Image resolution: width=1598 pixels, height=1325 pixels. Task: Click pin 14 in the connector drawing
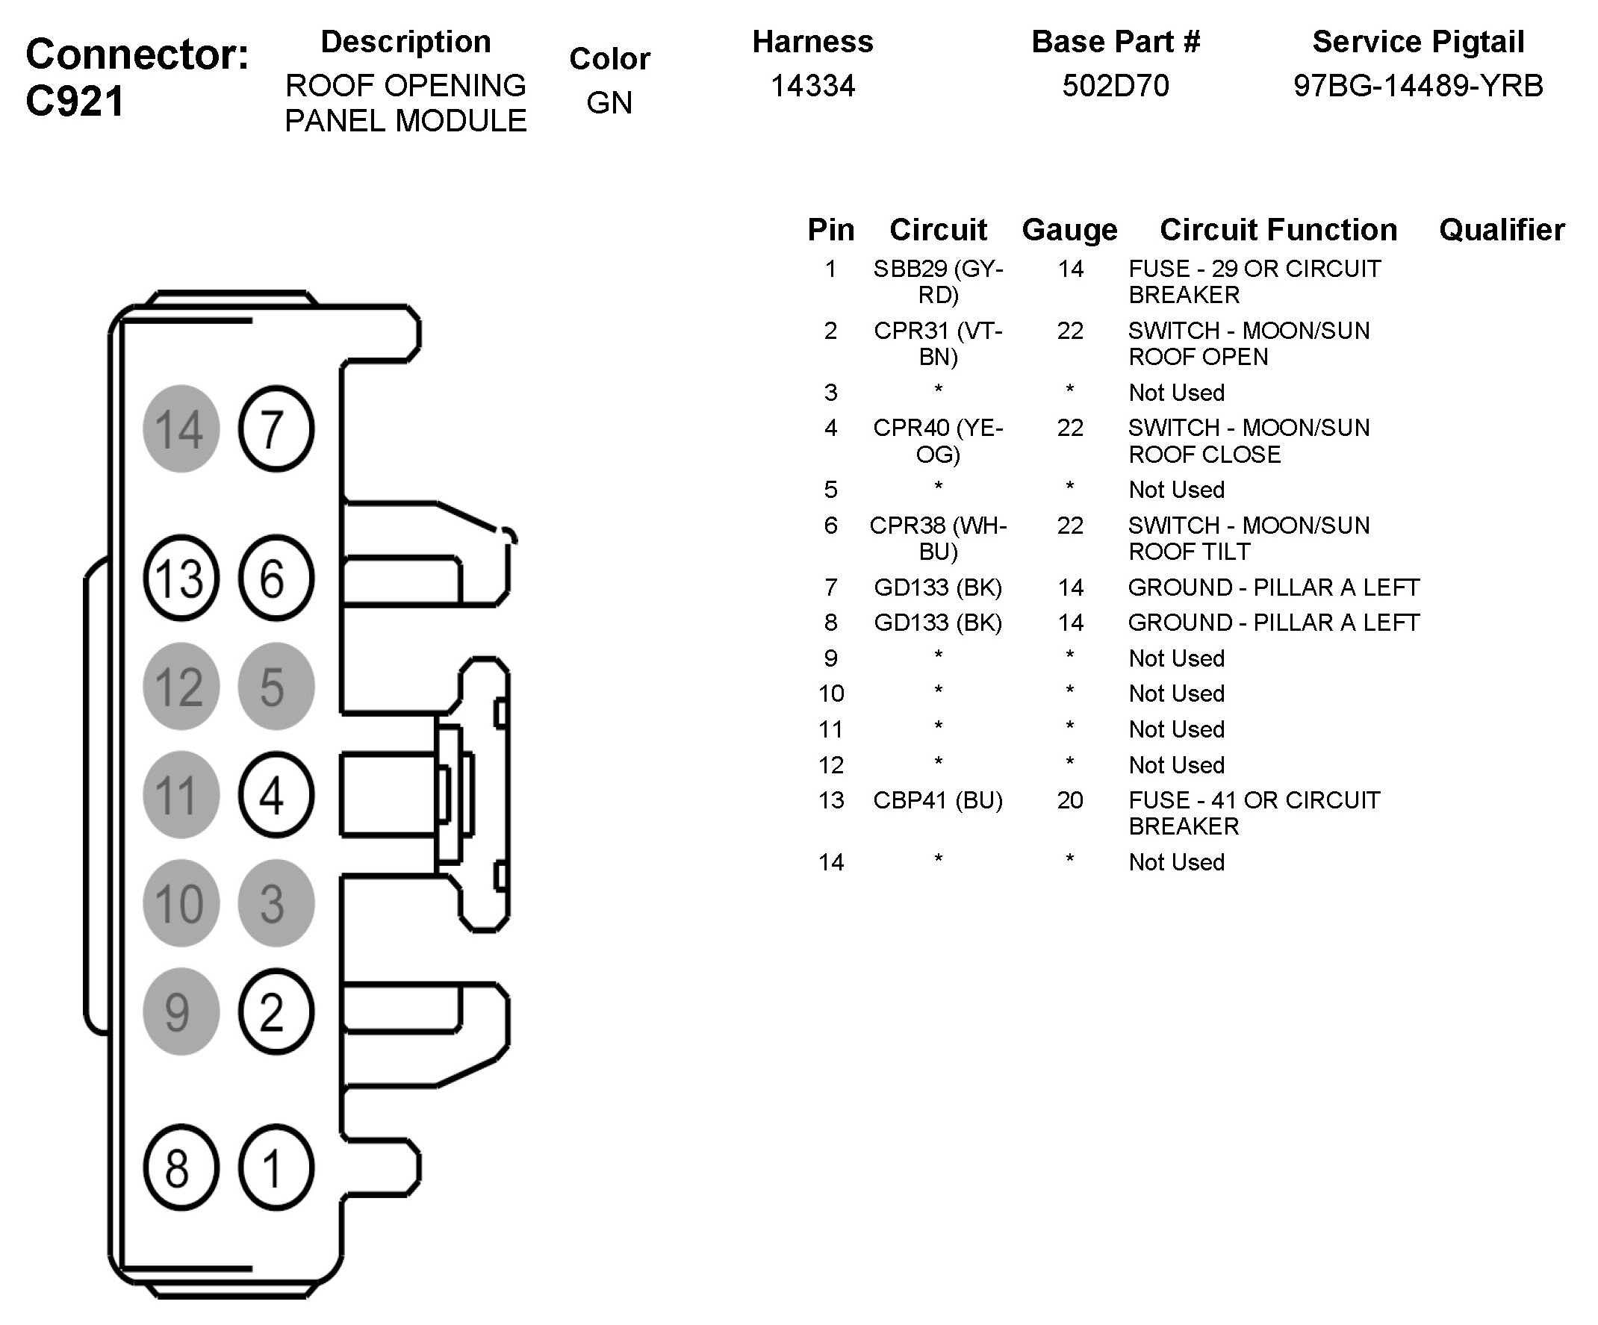coord(181,428)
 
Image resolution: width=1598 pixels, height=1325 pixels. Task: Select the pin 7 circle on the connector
coord(276,428)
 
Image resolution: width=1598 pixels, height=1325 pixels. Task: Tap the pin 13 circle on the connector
coord(181,578)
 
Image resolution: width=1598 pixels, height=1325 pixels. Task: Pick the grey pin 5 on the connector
coord(276,686)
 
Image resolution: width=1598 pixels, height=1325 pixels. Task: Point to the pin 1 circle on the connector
coord(276,1167)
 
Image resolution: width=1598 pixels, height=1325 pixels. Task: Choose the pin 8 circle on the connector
coord(181,1167)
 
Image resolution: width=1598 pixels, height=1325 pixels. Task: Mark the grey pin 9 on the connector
coord(181,1011)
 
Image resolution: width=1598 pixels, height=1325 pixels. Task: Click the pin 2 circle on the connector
coord(276,1011)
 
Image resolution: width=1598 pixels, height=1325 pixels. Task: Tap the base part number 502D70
coord(1116,85)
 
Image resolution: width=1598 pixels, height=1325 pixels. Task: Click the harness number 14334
coord(812,85)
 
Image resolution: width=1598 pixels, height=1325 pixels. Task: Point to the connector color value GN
coord(609,103)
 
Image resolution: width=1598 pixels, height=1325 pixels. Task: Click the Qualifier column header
coord(1502,229)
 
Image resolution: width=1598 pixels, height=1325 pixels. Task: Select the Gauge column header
coord(1070,230)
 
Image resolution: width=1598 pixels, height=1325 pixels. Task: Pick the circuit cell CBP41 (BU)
coord(938,800)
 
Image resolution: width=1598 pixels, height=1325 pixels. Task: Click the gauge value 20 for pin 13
coord(1070,800)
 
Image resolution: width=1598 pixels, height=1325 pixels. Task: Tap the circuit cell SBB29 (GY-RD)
coord(938,281)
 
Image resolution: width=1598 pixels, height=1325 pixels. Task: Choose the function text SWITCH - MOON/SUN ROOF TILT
coord(1249,537)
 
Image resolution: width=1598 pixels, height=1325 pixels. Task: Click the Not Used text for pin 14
coord(1176,861)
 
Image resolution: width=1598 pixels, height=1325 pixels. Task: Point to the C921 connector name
coord(75,102)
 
